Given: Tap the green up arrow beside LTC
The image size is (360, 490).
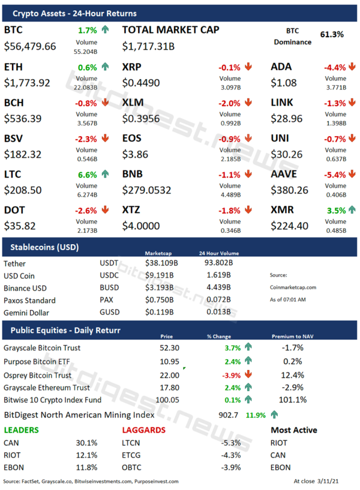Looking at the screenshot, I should [105, 174].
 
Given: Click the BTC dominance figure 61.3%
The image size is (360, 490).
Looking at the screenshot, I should [332, 35].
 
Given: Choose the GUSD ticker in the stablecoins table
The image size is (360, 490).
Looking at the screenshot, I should [110, 312].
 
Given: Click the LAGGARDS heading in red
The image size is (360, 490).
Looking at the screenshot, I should [143, 430].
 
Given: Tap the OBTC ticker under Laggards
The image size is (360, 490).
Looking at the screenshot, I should [131, 467].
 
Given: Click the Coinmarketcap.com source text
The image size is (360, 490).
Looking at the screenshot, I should [293, 287].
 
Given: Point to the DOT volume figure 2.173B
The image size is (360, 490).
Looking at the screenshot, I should [86, 230].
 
